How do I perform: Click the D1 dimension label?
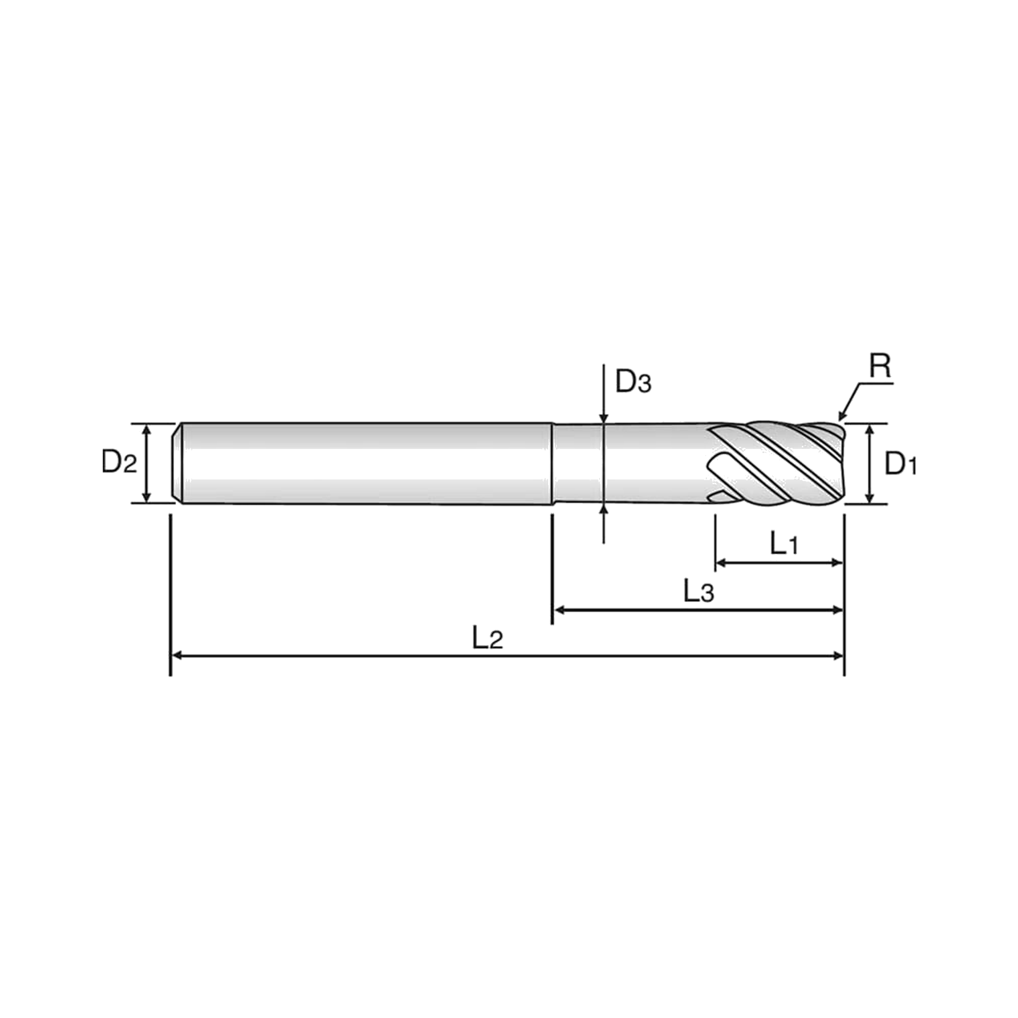900,464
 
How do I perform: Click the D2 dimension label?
119,463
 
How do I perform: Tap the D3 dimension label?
633,383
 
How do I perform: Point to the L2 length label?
488,639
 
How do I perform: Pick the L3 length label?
699,592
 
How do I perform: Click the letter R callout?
880,366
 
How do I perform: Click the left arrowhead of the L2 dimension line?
178,656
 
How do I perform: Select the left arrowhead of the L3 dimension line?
559,610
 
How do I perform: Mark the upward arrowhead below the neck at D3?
604,510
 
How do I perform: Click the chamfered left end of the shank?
178,463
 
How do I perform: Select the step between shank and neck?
552,464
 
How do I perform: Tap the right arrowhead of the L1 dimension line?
837,563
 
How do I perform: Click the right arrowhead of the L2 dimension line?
837,656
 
